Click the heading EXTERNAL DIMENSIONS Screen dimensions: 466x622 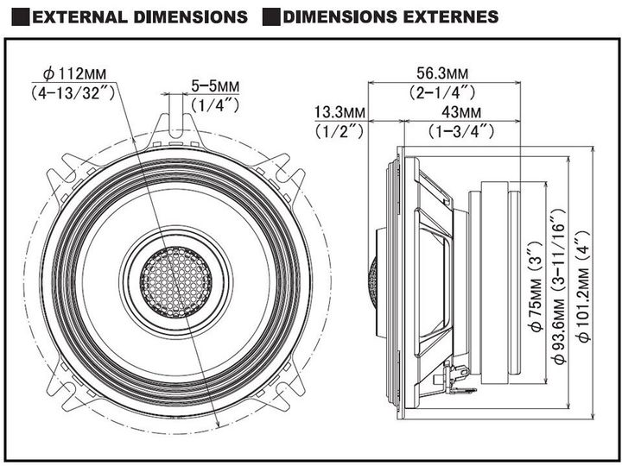click(x=140, y=16)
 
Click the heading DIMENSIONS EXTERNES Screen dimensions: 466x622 click(x=390, y=16)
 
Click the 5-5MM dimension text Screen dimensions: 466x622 click(x=214, y=86)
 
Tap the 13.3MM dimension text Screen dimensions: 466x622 click(x=340, y=113)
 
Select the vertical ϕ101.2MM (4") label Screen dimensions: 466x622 click(x=586, y=285)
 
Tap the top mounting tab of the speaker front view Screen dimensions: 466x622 click(x=178, y=121)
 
